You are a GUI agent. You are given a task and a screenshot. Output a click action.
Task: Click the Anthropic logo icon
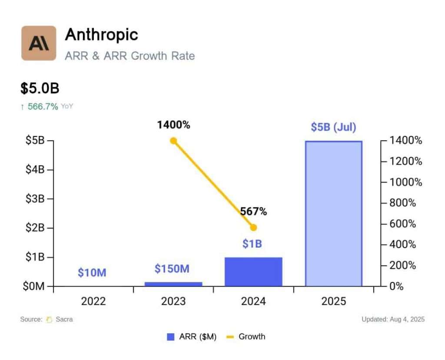click(x=39, y=43)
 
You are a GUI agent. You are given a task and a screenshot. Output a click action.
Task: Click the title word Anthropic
click(x=101, y=35)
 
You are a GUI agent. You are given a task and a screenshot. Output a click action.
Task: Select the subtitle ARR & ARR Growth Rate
click(x=130, y=56)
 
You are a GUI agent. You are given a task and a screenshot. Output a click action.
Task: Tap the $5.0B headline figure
click(x=40, y=88)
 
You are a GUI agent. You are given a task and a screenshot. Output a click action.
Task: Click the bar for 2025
click(x=333, y=214)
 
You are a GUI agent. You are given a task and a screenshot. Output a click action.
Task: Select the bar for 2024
click(x=253, y=272)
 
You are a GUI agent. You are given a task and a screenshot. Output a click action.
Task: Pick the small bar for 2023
click(x=173, y=284)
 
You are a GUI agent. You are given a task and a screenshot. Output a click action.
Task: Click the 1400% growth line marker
click(x=173, y=141)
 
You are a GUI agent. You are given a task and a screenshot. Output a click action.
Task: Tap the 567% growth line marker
click(x=254, y=228)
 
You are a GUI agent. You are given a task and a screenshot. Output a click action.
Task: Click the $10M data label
click(x=92, y=273)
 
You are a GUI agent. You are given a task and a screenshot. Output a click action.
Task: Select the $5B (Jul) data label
click(x=333, y=127)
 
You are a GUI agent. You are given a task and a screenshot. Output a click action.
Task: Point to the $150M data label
click(x=172, y=269)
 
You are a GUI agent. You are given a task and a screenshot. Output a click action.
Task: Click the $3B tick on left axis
click(x=35, y=199)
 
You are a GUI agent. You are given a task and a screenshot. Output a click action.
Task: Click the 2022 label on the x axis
click(x=93, y=301)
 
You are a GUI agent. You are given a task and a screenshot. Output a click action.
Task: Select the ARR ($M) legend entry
click(x=192, y=337)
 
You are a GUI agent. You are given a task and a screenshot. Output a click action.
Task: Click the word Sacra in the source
click(x=64, y=319)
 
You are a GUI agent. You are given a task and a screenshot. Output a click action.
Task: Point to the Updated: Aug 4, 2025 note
click(x=393, y=319)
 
